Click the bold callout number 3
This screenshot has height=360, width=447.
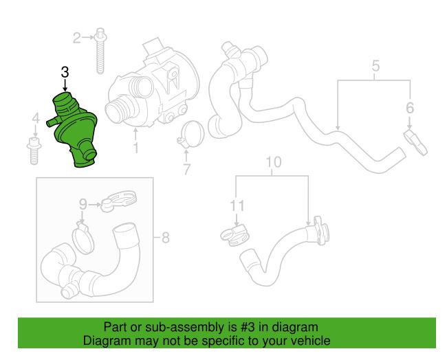(x=65, y=72)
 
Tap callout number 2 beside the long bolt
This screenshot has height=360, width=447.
(x=77, y=38)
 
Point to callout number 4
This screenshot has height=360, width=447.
(x=36, y=118)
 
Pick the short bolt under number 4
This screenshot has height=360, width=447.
(x=34, y=150)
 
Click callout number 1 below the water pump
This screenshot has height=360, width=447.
(x=135, y=148)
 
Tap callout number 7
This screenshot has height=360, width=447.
(x=186, y=169)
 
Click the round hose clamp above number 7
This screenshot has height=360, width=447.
(x=191, y=135)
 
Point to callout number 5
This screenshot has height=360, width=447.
(x=376, y=66)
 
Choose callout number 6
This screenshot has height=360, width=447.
(x=410, y=108)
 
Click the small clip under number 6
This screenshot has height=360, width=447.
(x=415, y=142)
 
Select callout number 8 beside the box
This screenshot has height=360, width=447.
(x=166, y=237)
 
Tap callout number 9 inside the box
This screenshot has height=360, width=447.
(x=83, y=204)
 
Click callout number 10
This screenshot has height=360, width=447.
(x=274, y=161)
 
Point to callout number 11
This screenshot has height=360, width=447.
(x=237, y=205)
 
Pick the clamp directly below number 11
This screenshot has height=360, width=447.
(x=235, y=236)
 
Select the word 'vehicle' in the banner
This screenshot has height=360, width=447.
(x=312, y=341)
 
